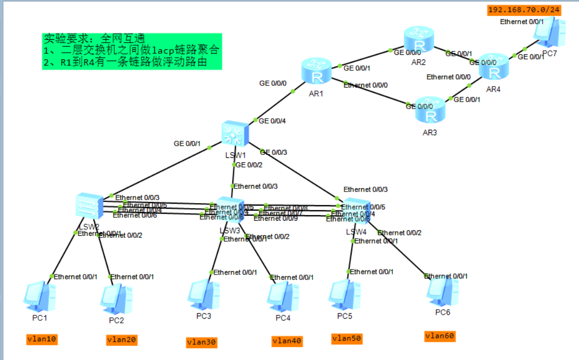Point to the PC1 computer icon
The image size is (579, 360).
(x=39, y=297)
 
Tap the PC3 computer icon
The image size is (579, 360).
(x=204, y=295)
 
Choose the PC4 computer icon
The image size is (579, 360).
(x=282, y=298)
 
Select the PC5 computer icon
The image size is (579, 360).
(x=344, y=295)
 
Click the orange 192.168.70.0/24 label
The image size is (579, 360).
(x=524, y=10)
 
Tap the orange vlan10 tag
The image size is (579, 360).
(x=42, y=339)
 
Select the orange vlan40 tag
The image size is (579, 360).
(x=287, y=341)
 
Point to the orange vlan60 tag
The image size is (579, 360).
(x=440, y=336)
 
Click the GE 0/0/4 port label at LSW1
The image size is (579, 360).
(x=272, y=121)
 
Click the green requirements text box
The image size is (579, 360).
(x=132, y=51)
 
